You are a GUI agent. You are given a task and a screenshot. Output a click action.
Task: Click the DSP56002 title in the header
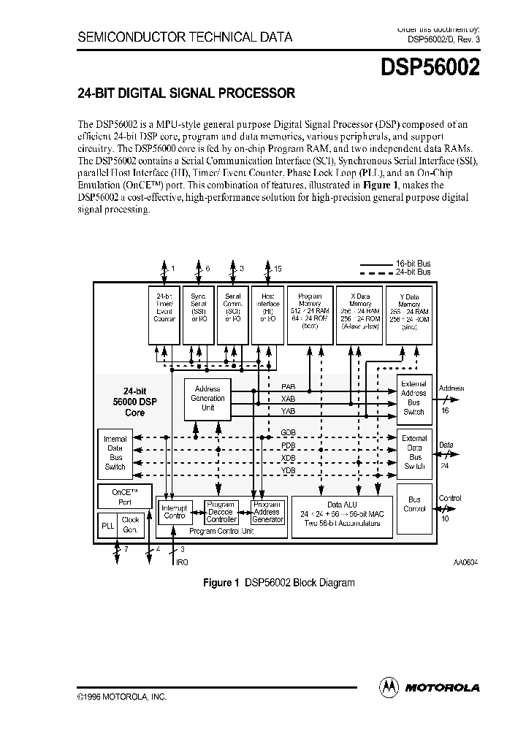coord(430,67)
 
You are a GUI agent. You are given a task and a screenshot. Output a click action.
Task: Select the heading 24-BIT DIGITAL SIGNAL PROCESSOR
coord(186,93)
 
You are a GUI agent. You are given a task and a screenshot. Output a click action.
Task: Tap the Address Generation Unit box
coord(207,398)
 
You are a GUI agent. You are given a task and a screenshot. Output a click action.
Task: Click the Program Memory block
coord(310,314)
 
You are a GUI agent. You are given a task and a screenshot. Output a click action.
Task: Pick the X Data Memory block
coord(359,314)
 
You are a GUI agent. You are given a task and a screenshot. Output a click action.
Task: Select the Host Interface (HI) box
coord(268,314)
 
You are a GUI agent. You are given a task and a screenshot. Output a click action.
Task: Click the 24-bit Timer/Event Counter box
coord(164,314)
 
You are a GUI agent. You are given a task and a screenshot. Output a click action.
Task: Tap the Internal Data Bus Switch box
coord(115,453)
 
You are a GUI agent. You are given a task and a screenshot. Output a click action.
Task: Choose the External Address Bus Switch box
coord(414,398)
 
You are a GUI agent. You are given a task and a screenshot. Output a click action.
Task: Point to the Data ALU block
coord(342,514)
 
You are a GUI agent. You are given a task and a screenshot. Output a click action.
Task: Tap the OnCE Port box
coord(123,497)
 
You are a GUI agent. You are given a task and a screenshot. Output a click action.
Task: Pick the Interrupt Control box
coord(175,512)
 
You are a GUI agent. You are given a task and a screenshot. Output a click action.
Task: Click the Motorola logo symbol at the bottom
coord(389,686)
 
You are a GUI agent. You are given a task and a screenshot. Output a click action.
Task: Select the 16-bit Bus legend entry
coord(395,263)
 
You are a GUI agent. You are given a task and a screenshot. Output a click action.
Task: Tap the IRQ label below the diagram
coord(182,562)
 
